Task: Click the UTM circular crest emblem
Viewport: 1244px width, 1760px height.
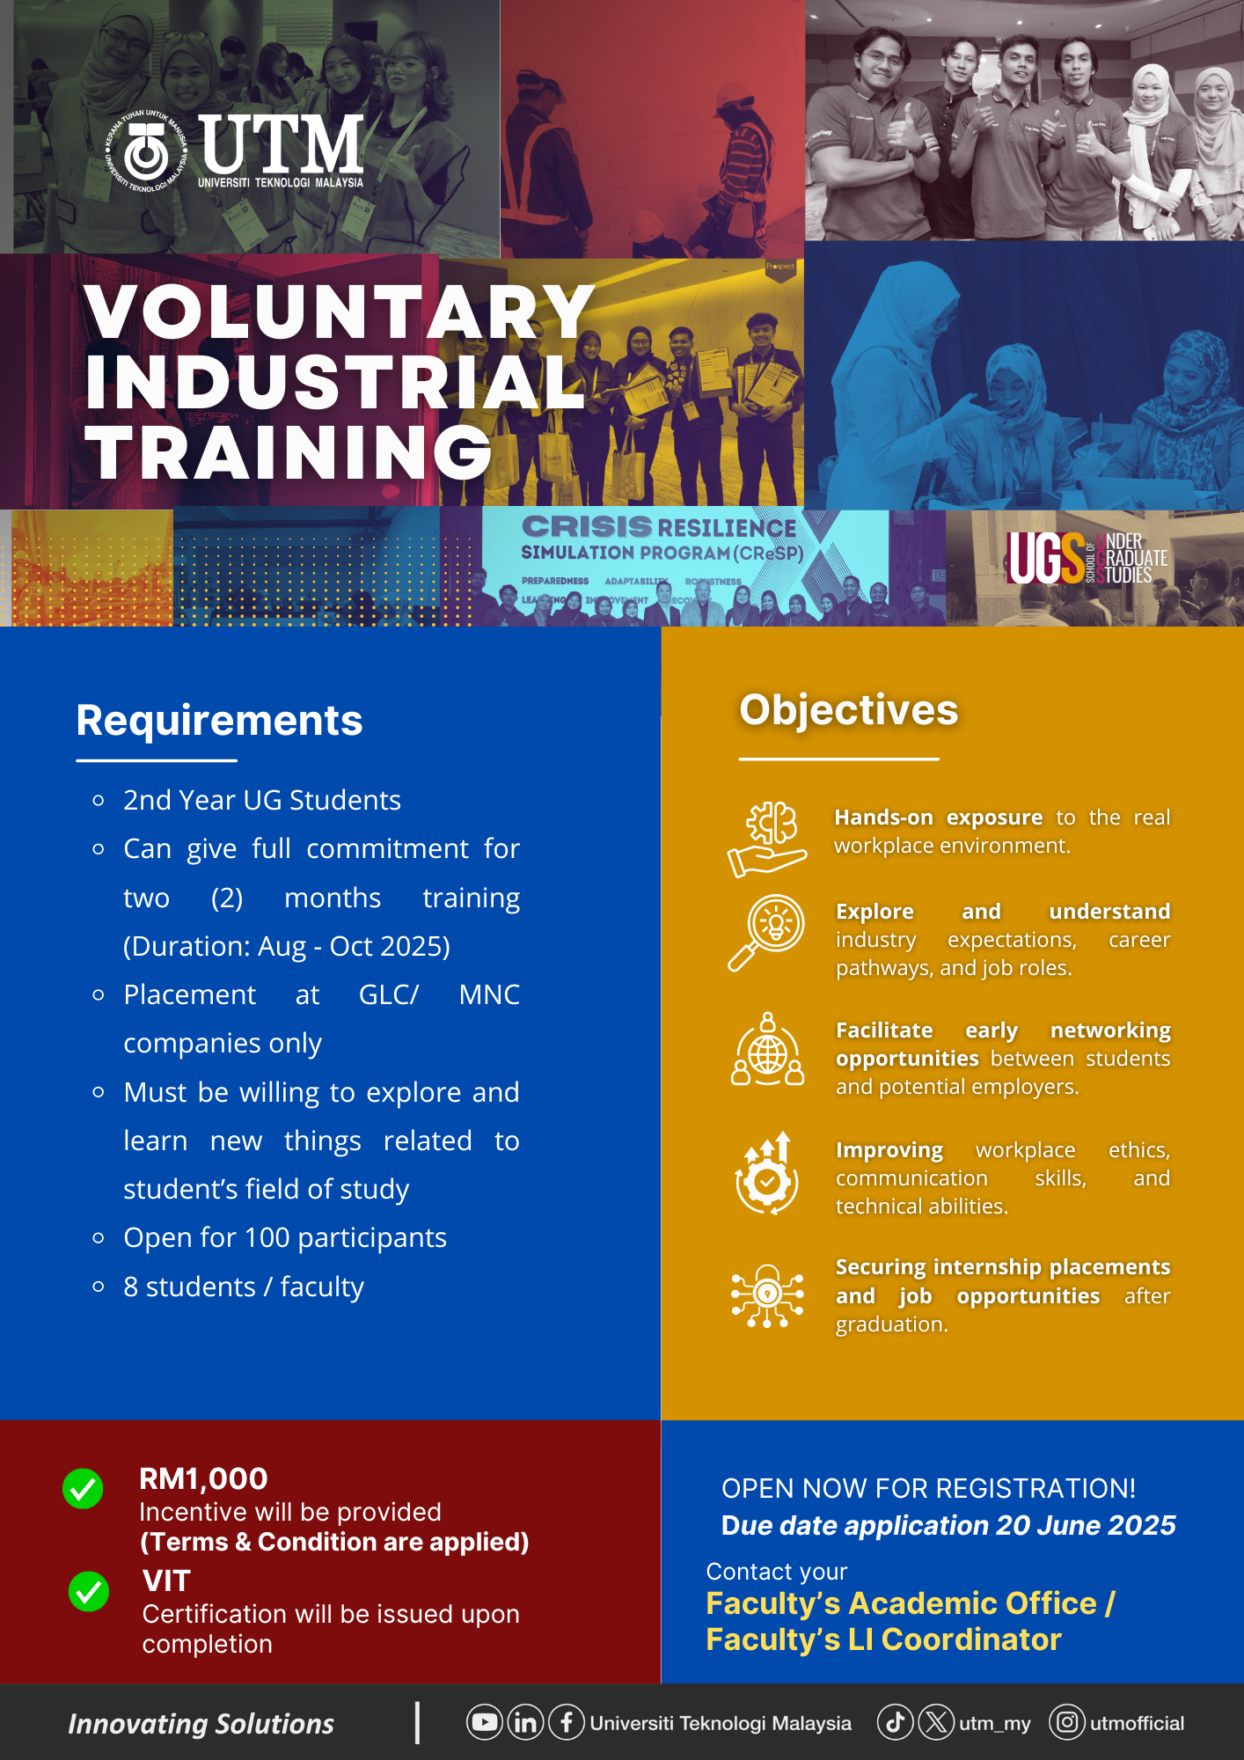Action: click(146, 151)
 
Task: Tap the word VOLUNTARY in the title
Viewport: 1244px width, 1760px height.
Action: click(340, 312)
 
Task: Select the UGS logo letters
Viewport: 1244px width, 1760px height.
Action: click(1046, 558)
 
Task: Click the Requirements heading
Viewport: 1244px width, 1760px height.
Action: click(219, 721)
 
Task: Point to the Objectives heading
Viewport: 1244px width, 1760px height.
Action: click(848, 710)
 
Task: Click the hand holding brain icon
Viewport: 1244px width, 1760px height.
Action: click(767, 840)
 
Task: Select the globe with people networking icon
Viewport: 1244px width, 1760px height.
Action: click(767, 1049)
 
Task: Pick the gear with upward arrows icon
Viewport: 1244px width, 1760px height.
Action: click(767, 1173)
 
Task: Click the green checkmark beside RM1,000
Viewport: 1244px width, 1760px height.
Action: click(83, 1488)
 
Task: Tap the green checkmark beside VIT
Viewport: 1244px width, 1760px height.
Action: click(88, 1591)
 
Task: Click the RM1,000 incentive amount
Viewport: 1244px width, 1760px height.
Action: click(203, 1478)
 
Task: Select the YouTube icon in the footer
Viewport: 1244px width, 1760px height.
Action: click(485, 1722)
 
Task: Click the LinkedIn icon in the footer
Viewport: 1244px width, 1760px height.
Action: click(525, 1722)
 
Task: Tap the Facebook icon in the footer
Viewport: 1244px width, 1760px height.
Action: click(567, 1722)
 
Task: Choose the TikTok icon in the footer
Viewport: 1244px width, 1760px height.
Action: click(896, 1722)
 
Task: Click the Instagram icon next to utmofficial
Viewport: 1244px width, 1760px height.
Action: click(1067, 1722)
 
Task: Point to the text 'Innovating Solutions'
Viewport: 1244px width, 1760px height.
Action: click(201, 1724)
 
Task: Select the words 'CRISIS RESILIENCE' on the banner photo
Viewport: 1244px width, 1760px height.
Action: click(659, 526)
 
